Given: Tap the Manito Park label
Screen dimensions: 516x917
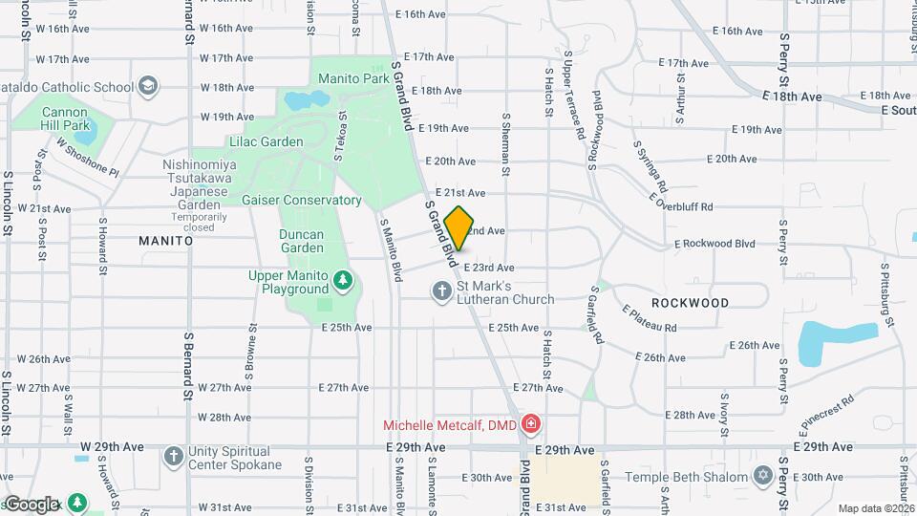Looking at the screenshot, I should pos(362,77).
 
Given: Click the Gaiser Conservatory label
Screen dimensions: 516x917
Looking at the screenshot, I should pos(301,201).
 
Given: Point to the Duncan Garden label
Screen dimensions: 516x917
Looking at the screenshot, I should pos(302,241).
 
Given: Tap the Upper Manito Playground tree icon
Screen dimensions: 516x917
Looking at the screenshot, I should pos(343,281).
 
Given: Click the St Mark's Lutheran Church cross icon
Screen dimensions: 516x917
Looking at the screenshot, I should pos(441,291).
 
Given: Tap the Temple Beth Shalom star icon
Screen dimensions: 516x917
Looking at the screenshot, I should pos(762,475).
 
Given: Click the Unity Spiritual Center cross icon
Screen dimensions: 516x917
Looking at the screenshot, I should pos(173,456).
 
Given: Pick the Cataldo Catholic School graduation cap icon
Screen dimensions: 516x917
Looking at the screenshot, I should pos(147,87).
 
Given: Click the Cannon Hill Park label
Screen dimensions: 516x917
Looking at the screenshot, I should pos(65,118).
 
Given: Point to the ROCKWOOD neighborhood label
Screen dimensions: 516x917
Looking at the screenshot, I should pos(690,303).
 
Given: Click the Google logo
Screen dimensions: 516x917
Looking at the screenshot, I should pos(32,504).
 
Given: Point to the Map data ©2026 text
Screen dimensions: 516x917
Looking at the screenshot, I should pos(875,508).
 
